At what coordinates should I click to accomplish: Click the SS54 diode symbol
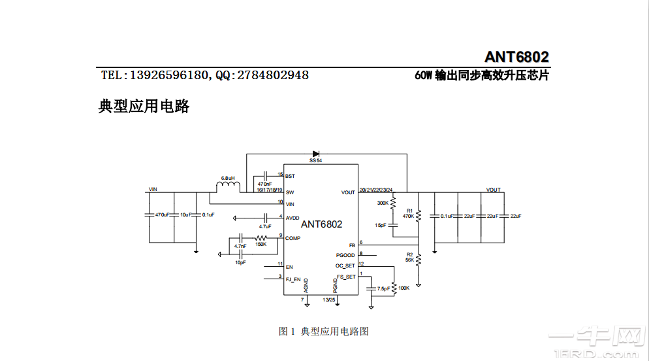[316, 154]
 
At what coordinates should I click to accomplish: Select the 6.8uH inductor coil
[228, 187]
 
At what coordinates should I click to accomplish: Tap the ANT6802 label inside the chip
[321, 224]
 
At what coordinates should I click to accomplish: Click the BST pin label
[290, 176]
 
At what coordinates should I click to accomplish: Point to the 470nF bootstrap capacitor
[265, 176]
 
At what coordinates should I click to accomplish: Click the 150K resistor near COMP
[261, 237]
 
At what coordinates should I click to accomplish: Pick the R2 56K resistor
[419, 260]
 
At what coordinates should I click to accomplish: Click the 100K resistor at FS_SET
[395, 288]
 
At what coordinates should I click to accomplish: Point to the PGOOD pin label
[345, 255]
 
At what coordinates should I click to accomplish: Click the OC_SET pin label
[345, 266]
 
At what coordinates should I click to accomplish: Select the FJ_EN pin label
[293, 279]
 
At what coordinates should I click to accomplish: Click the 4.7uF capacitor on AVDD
[266, 217]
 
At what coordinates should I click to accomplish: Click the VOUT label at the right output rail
[493, 190]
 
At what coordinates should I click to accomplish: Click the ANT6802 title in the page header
[516, 57]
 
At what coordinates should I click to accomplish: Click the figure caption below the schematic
[324, 332]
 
